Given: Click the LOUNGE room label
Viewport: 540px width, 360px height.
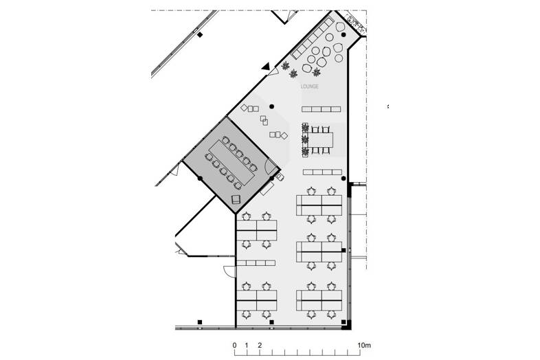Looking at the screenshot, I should click(x=310, y=87).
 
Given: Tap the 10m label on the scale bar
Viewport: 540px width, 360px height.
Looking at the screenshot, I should click(x=363, y=345).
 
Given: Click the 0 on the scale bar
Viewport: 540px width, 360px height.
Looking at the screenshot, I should click(x=234, y=345).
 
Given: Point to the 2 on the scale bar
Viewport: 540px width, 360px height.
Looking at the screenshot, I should click(x=259, y=345).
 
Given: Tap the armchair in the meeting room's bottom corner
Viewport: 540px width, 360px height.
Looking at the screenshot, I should click(x=235, y=199).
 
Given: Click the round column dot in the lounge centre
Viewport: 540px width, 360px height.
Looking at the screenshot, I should click(x=272, y=106).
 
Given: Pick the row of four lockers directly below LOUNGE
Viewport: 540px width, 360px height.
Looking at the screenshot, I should click(x=322, y=109).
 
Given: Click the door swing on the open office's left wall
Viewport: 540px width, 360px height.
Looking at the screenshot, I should click(x=226, y=271).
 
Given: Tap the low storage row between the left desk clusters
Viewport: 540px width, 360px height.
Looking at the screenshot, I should click(x=257, y=263).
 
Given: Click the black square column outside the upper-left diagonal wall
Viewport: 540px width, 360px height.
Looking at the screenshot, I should click(x=200, y=35).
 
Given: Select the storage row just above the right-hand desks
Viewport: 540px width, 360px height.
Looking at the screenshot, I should click(x=322, y=172).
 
